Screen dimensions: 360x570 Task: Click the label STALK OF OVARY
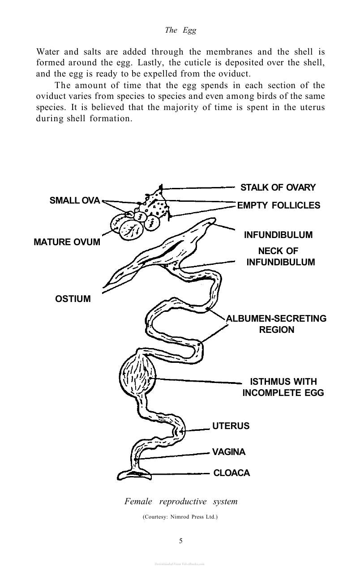(278, 187)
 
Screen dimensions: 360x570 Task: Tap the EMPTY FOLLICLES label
(279, 205)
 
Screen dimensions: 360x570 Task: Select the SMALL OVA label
(75, 200)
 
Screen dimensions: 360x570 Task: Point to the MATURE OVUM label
(67, 242)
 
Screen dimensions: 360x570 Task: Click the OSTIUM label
(73, 299)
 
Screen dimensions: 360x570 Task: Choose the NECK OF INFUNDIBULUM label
(280, 256)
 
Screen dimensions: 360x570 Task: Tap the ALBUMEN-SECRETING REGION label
(276, 324)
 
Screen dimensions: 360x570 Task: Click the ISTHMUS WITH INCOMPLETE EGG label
(283, 387)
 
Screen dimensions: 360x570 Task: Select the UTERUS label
(231, 426)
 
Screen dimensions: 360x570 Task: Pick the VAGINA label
(229, 452)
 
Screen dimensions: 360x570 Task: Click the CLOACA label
(231, 473)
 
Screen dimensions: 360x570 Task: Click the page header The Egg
(180, 30)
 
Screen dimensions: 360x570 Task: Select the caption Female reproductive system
(181, 502)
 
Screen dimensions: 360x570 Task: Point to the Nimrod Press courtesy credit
(180, 517)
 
